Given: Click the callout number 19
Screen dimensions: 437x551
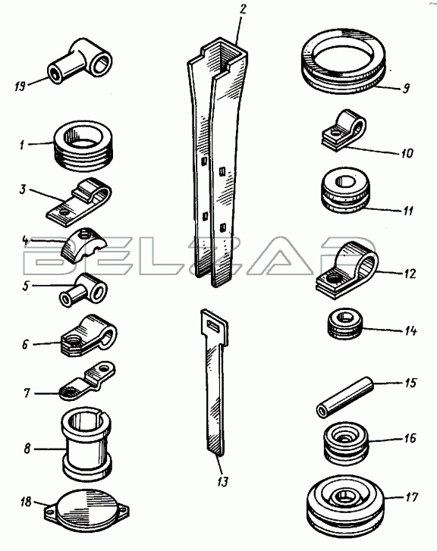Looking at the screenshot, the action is click(x=20, y=86).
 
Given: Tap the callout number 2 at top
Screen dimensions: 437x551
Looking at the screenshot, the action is click(x=242, y=10).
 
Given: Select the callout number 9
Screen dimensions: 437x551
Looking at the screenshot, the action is click(x=406, y=88).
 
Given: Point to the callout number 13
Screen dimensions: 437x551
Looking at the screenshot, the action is click(x=223, y=482).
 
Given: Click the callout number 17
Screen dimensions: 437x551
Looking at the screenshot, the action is click(x=411, y=497).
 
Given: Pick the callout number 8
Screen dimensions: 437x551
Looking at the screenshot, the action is click(x=27, y=449).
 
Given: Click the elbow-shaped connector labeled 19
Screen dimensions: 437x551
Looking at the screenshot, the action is click(x=80, y=61).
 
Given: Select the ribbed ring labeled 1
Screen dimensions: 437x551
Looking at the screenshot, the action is click(x=83, y=146).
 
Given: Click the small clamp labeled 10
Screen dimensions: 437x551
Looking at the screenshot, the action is click(x=344, y=130).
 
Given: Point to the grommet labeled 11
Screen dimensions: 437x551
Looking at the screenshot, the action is click(x=345, y=190).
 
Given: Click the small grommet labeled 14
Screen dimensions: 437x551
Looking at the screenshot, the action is click(x=344, y=324).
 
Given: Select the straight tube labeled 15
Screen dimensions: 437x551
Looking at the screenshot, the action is click(x=344, y=397).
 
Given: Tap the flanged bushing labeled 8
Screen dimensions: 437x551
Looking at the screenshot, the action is click(x=86, y=445).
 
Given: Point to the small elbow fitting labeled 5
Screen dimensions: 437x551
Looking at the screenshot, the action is click(x=83, y=290).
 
